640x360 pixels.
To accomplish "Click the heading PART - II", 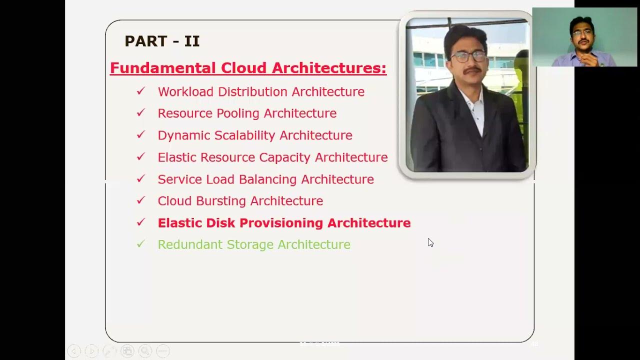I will tap(162, 41).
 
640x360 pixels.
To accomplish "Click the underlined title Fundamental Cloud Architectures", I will tap(248, 68).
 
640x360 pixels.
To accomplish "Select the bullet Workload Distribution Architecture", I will tap(261, 92).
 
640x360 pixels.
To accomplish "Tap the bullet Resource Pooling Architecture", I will tap(247, 113).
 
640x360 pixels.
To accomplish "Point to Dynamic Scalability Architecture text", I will tap(255, 135).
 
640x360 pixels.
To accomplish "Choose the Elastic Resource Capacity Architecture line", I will tap(272, 157).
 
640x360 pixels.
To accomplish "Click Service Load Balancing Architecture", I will tap(265, 179).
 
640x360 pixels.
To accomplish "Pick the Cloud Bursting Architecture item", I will tap(240, 201).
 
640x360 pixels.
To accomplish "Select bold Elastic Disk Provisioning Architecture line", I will tap(284, 223).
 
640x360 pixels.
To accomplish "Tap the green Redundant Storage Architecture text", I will tap(254, 244).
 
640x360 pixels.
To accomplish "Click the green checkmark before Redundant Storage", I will tap(140, 244).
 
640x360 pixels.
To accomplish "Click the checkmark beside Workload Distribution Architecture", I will tap(140, 91).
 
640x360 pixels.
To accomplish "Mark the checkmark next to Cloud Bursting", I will tap(140, 200).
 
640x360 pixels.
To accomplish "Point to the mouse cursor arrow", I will tap(430, 242).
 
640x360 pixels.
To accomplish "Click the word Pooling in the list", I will tap(238, 114).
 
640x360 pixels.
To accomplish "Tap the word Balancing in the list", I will tap(268, 179).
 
